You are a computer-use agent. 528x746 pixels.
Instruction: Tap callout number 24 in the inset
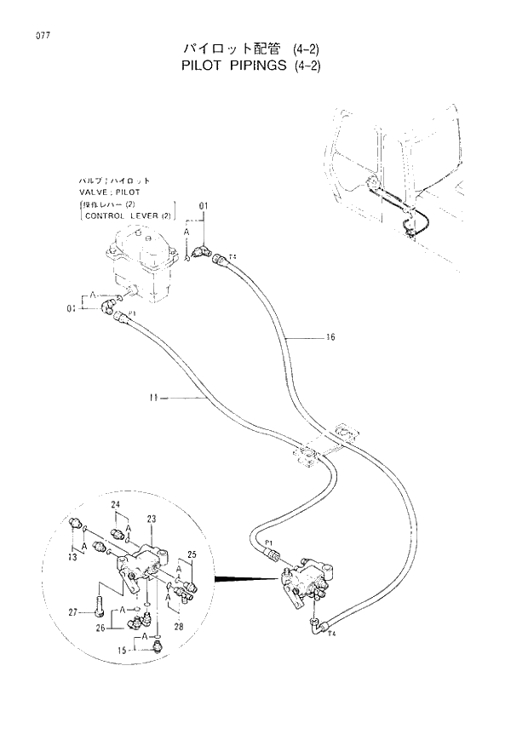tap(115, 505)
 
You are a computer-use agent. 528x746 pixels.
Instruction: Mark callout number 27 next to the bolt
tap(73, 611)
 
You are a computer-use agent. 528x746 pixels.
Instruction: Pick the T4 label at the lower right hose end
tap(331, 634)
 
